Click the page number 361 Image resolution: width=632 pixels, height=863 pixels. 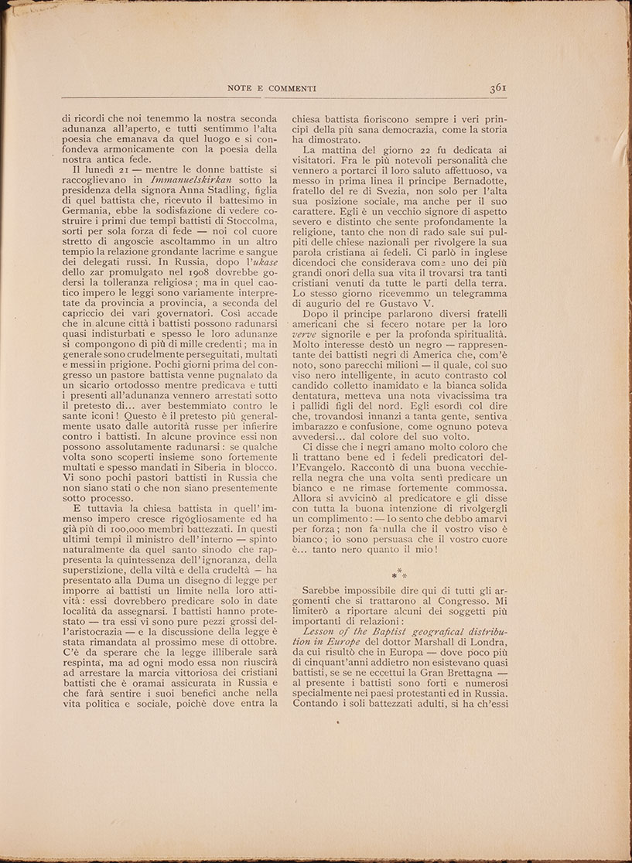[497, 87]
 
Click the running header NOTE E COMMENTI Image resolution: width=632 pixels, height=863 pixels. [272, 88]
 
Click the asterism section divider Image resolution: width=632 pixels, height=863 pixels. [399, 575]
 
